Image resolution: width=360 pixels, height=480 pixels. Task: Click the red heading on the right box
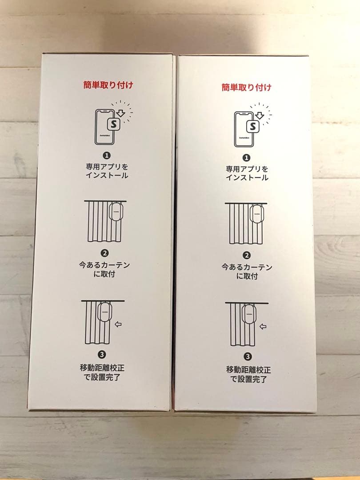(246, 88)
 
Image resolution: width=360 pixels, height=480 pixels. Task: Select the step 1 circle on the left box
(107, 156)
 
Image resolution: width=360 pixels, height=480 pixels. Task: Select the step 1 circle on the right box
(247, 158)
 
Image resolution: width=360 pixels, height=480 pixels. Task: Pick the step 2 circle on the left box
(105, 253)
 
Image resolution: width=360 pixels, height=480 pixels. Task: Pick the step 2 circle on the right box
(247, 256)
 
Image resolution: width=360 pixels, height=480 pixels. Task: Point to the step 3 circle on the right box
(248, 356)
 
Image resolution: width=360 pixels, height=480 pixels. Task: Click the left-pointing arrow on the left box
(118, 324)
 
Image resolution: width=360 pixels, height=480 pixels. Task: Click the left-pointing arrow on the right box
(263, 327)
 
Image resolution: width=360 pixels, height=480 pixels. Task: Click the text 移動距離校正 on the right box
(248, 369)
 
